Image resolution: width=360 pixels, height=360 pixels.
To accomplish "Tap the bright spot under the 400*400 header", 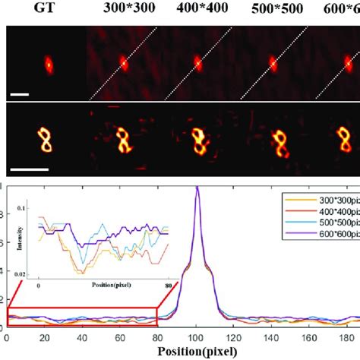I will [197, 64].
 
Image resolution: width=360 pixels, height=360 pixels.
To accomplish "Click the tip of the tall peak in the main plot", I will [197, 187].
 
